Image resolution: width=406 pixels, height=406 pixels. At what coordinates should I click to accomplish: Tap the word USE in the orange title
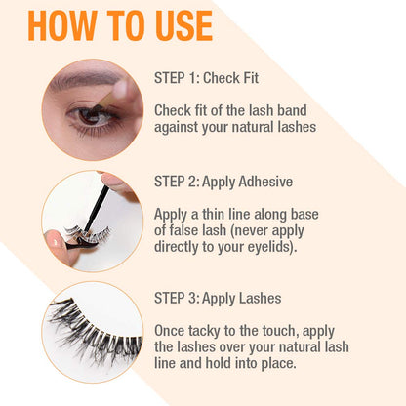pos(178,25)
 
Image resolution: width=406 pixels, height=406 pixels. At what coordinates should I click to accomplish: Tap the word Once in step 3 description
pos(172,331)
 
